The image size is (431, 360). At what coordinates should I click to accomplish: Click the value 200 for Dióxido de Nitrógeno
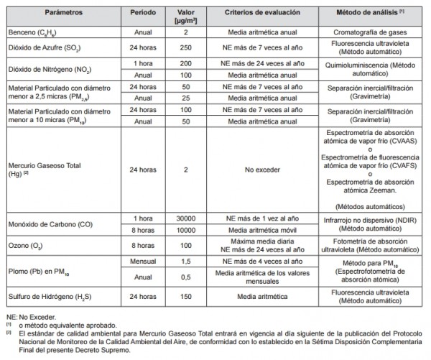click(x=185, y=64)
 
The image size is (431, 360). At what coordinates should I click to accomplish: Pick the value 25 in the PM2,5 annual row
click(x=185, y=98)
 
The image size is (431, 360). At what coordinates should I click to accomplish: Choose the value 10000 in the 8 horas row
click(x=185, y=229)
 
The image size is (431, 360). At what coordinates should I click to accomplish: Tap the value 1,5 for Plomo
click(x=185, y=262)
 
